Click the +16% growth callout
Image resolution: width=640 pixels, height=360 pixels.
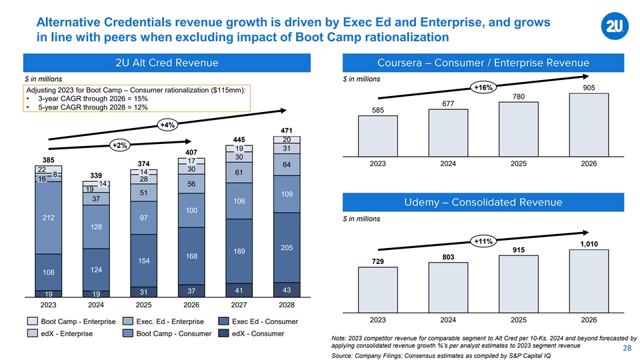[x=482, y=88]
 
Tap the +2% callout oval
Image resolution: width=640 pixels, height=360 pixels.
[x=121, y=145]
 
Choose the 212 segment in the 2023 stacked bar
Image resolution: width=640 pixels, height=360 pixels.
[x=48, y=217]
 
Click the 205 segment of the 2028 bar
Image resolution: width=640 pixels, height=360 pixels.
[x=287, y=247]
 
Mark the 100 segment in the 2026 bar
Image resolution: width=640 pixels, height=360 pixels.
[x=191, y=210]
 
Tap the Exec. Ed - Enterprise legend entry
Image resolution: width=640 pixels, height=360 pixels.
[x=161, y=322]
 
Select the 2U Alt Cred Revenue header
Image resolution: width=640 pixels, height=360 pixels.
[x=166, y=63]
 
